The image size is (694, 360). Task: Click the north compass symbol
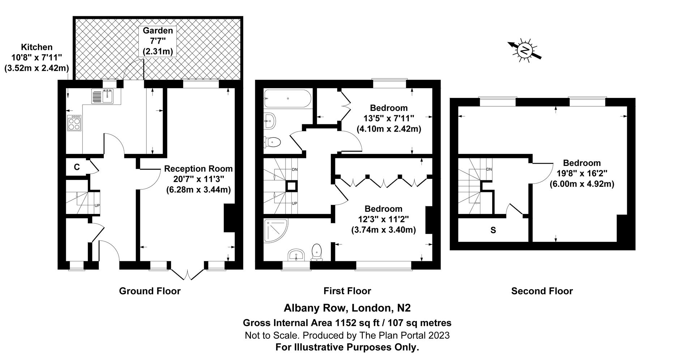pos(524,51)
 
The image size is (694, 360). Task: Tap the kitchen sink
pos(103,97)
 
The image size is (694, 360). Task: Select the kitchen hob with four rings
pos(74,123)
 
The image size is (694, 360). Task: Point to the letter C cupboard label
pos(77,167)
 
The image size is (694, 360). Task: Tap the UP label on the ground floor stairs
pos(97,206)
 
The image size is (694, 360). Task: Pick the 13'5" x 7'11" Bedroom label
pos(389,118)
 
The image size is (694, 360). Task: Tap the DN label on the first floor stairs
pos(295,169)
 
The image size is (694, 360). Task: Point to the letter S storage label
pos(493,230)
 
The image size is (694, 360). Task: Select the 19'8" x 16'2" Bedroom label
pos(582,173)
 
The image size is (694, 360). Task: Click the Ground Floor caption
pos(150,291)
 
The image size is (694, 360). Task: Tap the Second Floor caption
pos(542,291)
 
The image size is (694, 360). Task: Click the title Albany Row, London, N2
pos(347,308)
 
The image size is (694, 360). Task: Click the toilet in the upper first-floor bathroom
pos(273,142)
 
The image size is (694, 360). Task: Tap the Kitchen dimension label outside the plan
pos(37,57)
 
